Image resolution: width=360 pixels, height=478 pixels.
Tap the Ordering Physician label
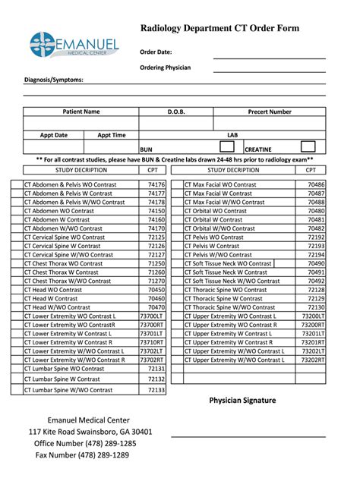pos(165,68)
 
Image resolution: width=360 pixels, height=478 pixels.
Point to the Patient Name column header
pos(81,112)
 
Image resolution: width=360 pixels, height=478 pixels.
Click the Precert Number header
pos(269,112)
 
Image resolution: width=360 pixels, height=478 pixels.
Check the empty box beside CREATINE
pos(308,146)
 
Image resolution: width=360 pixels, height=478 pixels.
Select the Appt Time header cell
pos(112,135)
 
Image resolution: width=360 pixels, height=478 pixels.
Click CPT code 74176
pos(156,184)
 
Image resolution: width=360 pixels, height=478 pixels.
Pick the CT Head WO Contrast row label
pos(53,290)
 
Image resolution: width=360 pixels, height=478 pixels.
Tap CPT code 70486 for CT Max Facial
pos(315,184)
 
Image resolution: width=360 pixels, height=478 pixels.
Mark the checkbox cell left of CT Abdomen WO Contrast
pos(17,219)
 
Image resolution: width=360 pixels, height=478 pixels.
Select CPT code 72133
pos(156,390)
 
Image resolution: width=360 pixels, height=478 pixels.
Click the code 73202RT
pos(312,360)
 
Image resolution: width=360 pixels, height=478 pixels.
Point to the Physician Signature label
pos(242,401)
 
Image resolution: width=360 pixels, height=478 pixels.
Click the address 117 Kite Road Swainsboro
pos(90,432)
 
